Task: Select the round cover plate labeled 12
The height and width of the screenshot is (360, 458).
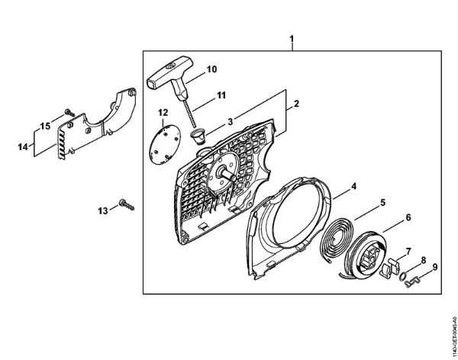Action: click(165, 146)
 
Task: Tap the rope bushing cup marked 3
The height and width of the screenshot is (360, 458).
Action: click(198, 137)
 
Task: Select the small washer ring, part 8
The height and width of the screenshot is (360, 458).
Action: click(403, 275)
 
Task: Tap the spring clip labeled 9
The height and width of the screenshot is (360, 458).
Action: click(413, 281)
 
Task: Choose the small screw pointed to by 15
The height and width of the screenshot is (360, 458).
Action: click(69, 112)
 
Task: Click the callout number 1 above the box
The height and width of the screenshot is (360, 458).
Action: click(292, 39)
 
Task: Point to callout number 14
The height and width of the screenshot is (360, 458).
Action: click(23, 147)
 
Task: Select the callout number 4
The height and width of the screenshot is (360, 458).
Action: click(353, 186)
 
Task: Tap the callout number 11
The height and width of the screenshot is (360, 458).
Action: click(221, 95)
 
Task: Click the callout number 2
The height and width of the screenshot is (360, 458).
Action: click(296, 104)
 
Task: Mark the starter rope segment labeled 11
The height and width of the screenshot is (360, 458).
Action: click(189, 114)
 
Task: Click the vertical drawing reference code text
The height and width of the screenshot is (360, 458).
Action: click(454, 335)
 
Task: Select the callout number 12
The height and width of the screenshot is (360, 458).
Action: click(163, 112)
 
